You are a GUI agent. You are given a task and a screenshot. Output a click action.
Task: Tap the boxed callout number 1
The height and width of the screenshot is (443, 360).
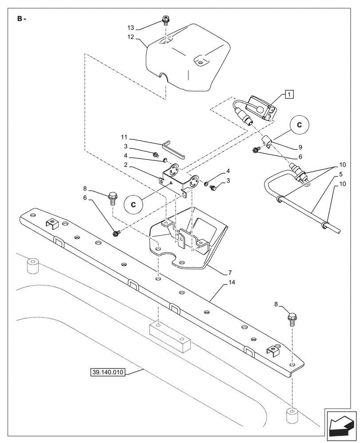click(x=288, y=93)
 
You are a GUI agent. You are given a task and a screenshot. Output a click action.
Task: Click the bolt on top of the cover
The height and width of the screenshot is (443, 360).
click(x=165, y=20)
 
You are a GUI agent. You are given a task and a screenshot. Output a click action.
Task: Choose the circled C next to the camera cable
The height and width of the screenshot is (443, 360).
click(x=299, y=125)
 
